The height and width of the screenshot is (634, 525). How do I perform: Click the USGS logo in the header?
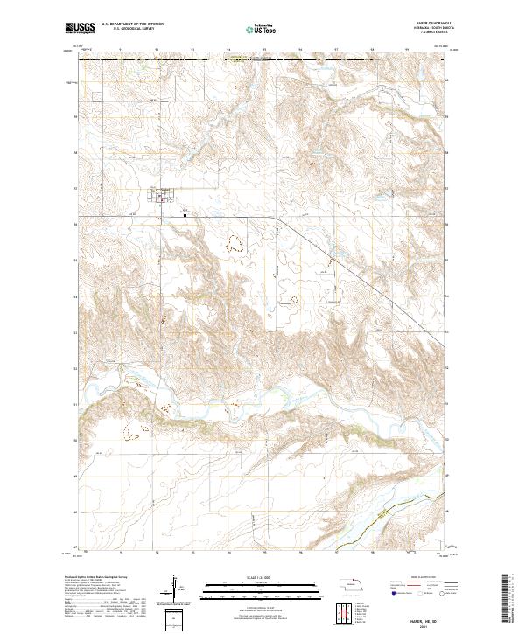coord(80,28)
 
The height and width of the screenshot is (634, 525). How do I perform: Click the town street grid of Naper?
coord(164,197)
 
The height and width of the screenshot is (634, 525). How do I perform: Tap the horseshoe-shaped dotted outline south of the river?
coord(135,429)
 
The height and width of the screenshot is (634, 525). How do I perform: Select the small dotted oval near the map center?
coord(293,298)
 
